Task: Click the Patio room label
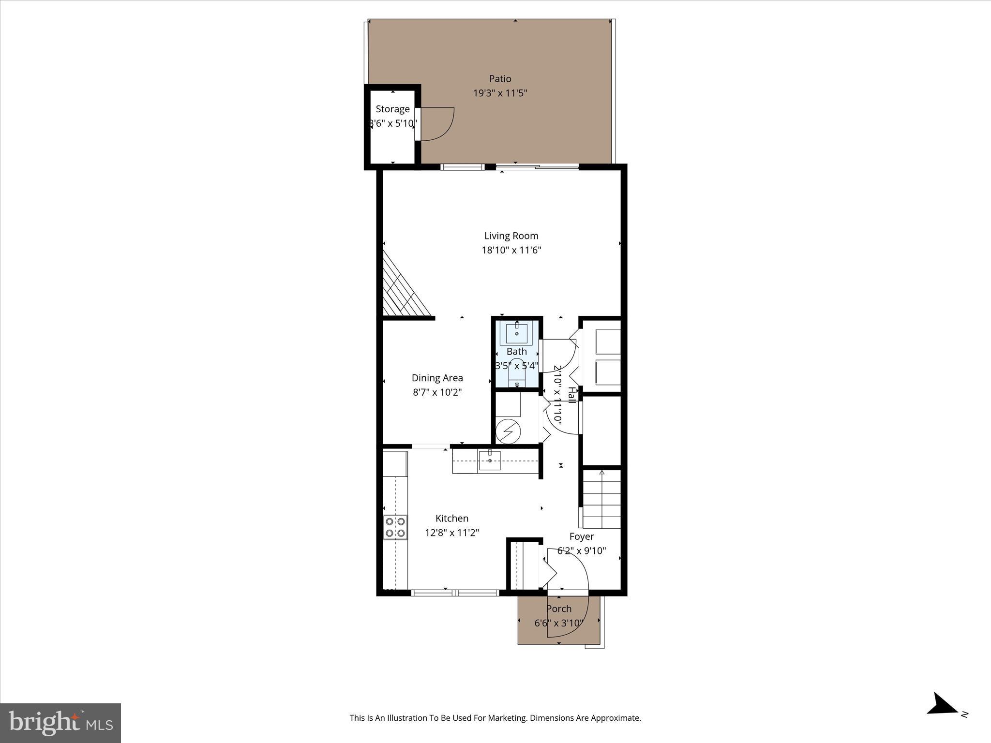pos(500,79)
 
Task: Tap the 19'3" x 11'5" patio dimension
pos(500,93)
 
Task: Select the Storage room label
pos(392,109)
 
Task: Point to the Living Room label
pos(511,236)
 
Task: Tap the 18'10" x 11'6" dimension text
pos(511,250)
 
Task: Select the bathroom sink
pos(516,333)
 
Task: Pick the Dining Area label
pos(437,378)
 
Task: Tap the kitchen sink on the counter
pos(490,460)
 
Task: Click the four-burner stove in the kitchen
pos(395,527)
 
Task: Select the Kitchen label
pos(451,519)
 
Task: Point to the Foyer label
pos(581,536)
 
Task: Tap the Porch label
pos(559,609)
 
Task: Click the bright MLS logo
pos(60,723)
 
